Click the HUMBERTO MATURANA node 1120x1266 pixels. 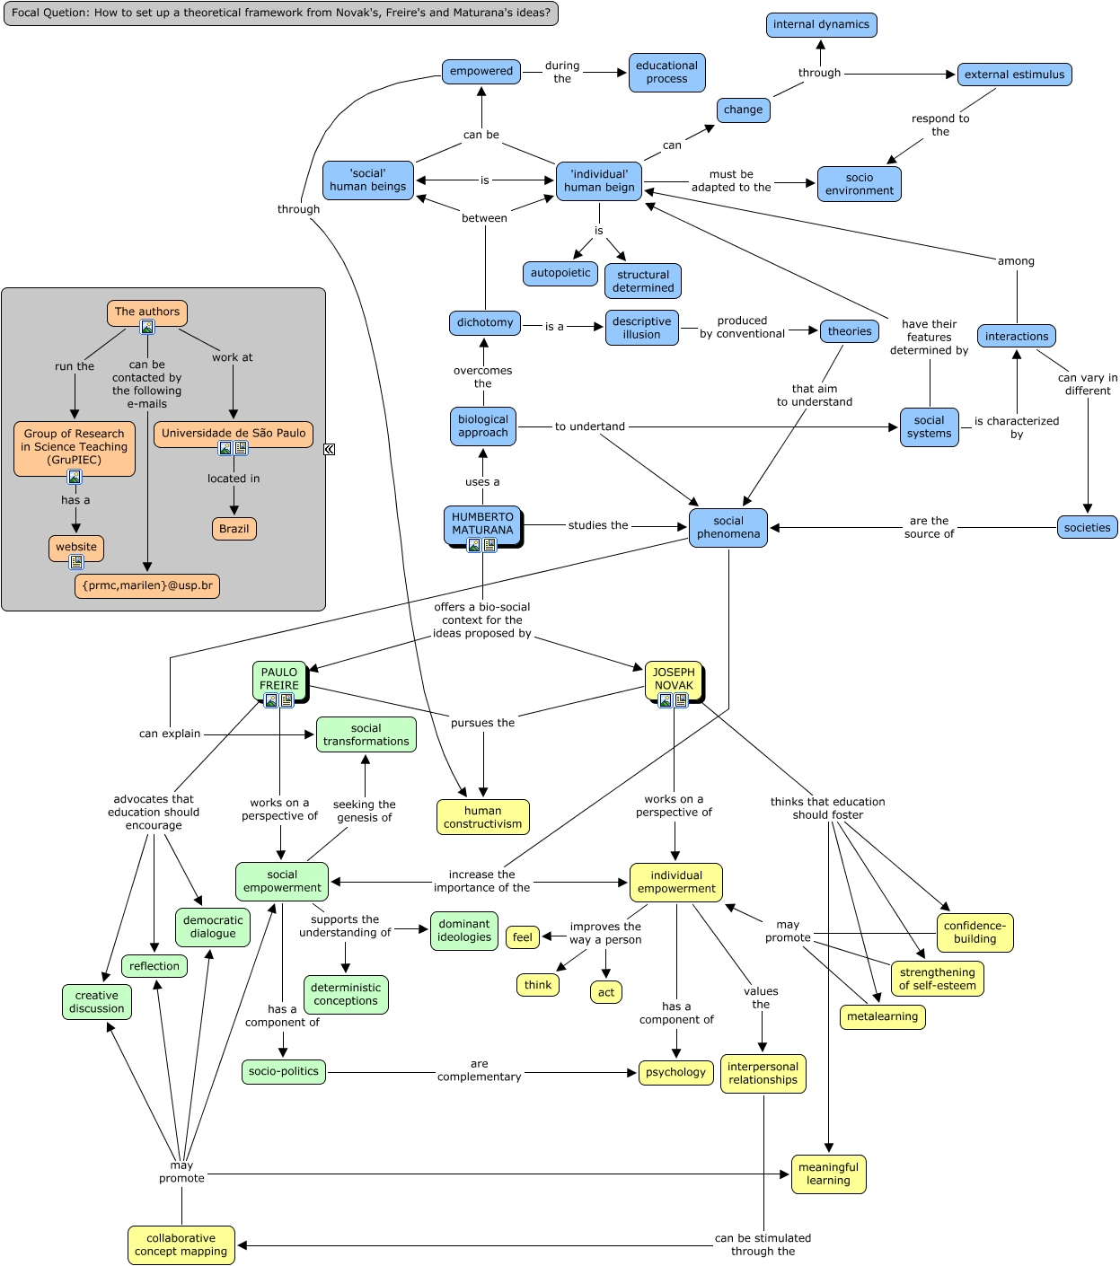[482, 523]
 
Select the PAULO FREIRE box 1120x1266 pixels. [279, 679]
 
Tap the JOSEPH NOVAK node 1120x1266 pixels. [674, 679]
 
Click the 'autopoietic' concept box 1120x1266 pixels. [560, 273]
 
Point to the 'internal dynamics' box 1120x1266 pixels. [821, 24]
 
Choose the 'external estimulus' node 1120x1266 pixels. [1014, 75]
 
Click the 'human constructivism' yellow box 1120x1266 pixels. [482, 817]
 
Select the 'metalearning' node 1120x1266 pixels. [882, 1016]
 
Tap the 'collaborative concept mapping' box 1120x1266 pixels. [181, 1244]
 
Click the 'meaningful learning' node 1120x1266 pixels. [828, 1174]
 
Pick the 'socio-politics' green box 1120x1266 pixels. [283, 1071]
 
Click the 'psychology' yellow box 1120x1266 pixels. [675, 1072]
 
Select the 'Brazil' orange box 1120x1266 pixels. [234, 529]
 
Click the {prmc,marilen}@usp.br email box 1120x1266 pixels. [147, 585]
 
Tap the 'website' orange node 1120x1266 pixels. [76, 547]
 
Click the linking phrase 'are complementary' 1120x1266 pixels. [479, 1070]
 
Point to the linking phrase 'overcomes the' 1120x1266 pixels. [482, 377]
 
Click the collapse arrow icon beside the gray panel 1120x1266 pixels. [329, 449]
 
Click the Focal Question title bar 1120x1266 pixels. [280, 13]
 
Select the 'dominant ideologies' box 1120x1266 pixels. [463, 930]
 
